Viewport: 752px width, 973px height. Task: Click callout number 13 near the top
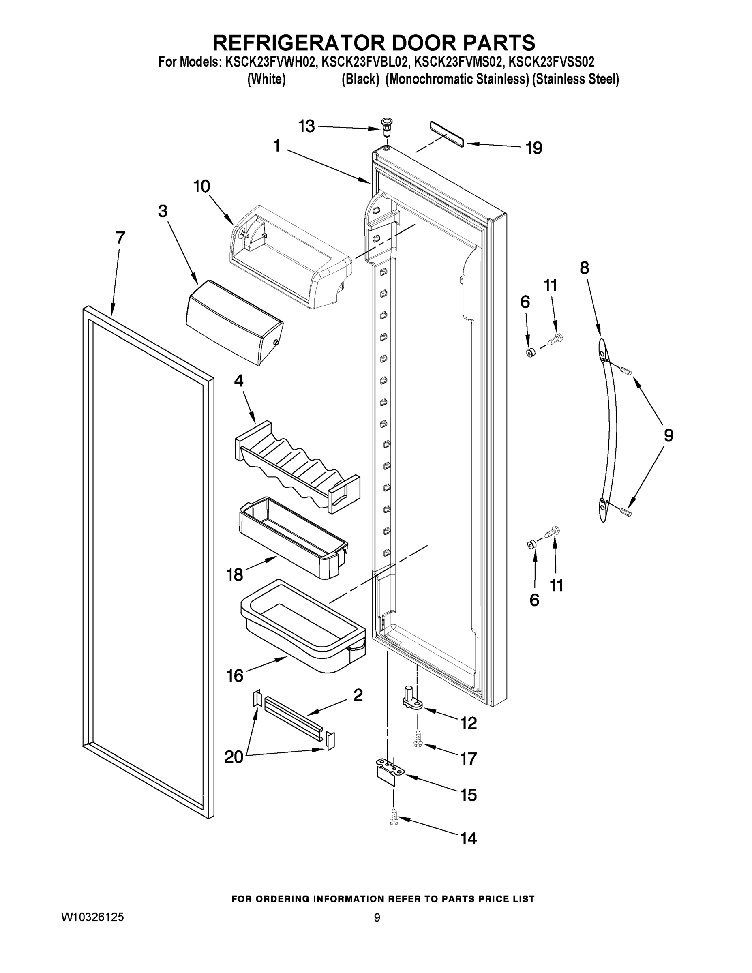pyautogui.click(x=306, y=126)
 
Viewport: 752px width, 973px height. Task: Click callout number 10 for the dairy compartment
pyautogui.click(x=201, y=186)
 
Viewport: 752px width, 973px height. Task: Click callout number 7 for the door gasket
pyautogui.click(x=120, y=238)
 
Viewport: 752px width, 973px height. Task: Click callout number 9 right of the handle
pyautogui.click(x=668, y=435)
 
